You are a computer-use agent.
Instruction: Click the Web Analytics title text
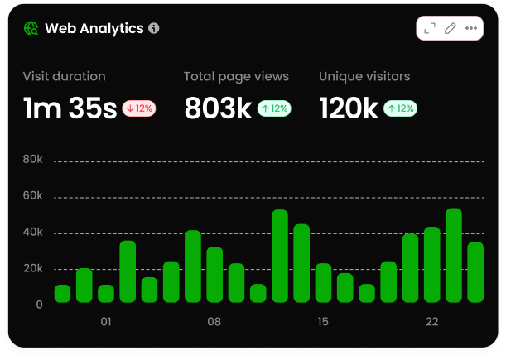94,28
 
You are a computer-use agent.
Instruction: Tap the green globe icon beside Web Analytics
31,28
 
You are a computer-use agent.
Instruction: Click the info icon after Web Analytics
154,28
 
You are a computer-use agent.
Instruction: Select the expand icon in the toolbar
430,28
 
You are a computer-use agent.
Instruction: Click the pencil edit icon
451,28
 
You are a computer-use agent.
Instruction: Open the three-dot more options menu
471,28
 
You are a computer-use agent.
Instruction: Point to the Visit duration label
65,76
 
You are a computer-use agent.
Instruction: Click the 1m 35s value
70,108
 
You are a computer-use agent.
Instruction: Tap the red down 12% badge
139,108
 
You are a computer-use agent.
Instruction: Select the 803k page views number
218,108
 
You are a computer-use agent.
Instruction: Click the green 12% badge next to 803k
273,108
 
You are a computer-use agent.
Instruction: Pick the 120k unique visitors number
349,108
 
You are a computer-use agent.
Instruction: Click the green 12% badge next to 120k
401,108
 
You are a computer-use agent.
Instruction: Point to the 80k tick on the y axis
33,160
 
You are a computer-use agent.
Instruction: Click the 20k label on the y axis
33,269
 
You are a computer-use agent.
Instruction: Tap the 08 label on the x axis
214,321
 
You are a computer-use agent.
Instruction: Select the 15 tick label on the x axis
323,321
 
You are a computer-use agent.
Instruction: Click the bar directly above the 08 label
214,274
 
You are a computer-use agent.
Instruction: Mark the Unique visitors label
364,76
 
